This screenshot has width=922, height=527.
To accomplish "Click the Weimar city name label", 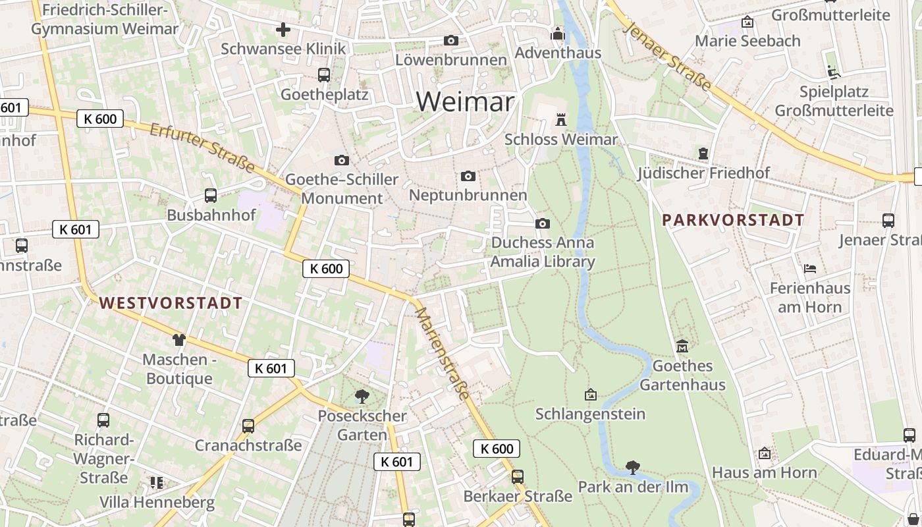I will pos(465,101).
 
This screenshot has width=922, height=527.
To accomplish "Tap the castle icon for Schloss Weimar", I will pos(561,119).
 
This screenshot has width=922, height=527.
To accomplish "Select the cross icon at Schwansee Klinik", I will pos(283,30).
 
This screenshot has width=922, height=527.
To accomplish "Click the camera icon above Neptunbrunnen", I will pos(468,176).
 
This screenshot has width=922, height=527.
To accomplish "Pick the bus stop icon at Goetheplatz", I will pos(323,74).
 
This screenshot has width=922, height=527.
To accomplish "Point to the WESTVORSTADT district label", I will pos(171,303).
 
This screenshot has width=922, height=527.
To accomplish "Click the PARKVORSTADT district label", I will pos(733,220).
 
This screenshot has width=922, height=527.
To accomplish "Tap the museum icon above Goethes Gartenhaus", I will pos(682,346).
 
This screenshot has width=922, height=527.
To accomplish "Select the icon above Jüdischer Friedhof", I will pos(703,153).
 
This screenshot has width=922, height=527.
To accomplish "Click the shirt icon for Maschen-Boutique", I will pos(179,340).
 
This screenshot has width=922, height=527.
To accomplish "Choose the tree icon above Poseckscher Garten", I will pos(362,396).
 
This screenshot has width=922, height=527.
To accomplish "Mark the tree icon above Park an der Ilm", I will pos(633,467).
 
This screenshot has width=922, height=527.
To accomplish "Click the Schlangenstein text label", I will pos(590,414).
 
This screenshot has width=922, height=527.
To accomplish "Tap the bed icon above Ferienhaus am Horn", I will pos(810,268).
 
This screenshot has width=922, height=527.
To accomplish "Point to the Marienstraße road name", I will pos(443,353).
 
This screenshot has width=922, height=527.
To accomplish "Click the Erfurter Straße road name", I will pos(202,148).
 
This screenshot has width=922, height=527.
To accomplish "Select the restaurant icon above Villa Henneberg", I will pos(157,483).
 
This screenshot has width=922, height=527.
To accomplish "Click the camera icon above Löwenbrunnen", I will pos(451,40).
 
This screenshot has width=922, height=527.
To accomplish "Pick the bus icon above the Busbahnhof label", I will pos(211,195).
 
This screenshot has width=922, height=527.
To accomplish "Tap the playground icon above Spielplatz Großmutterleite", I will pos(834,71).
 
